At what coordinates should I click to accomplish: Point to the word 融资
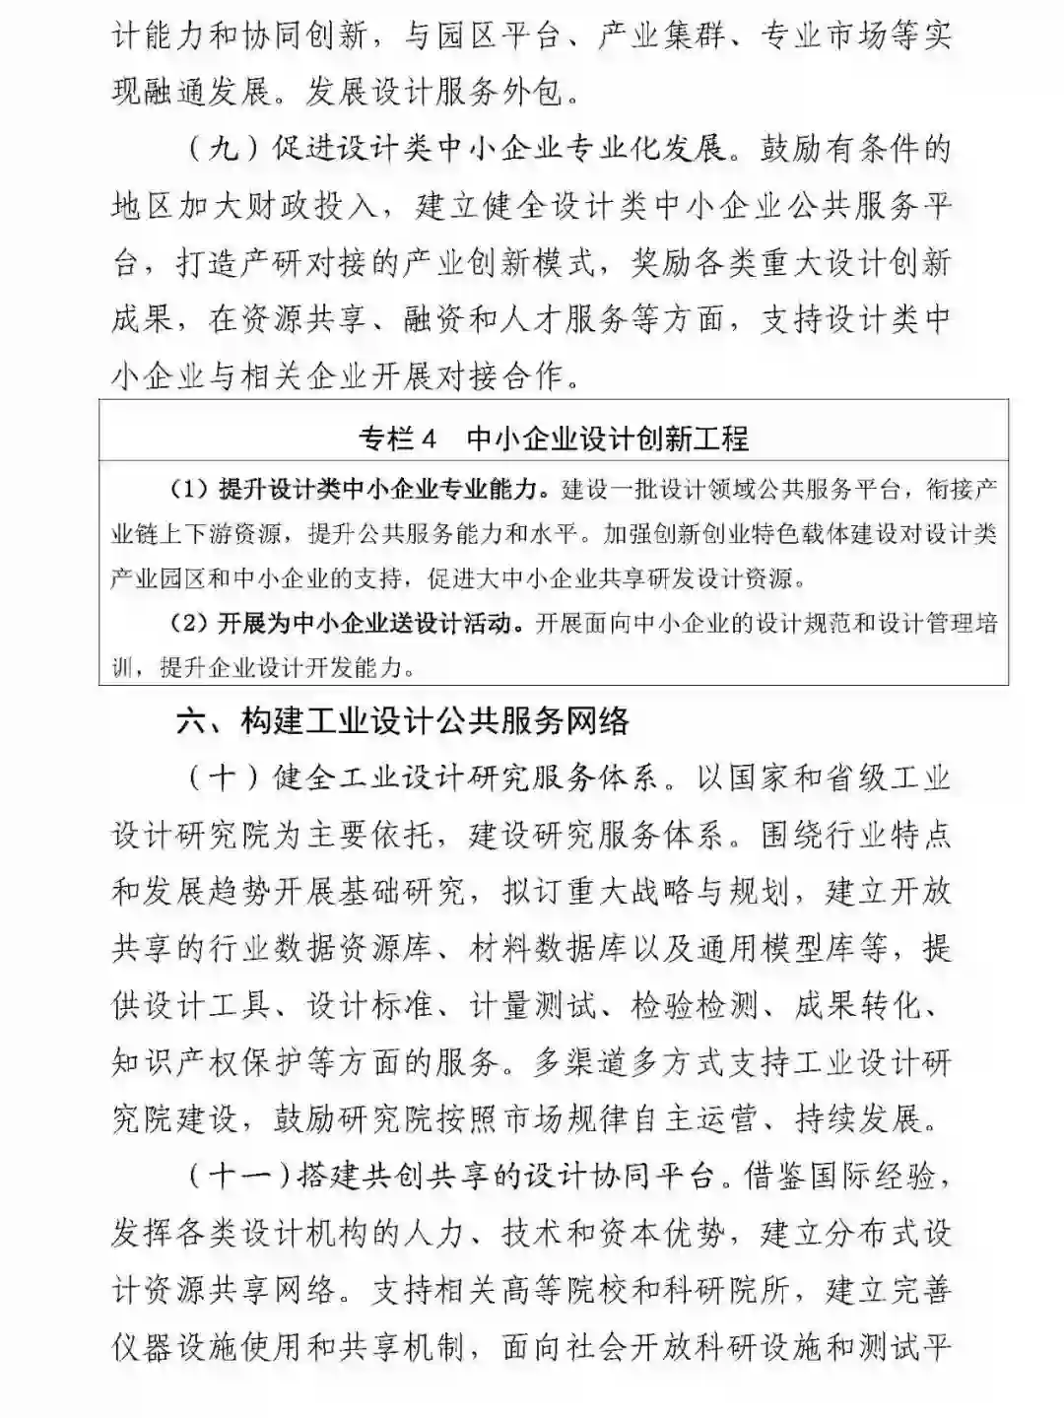433,320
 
